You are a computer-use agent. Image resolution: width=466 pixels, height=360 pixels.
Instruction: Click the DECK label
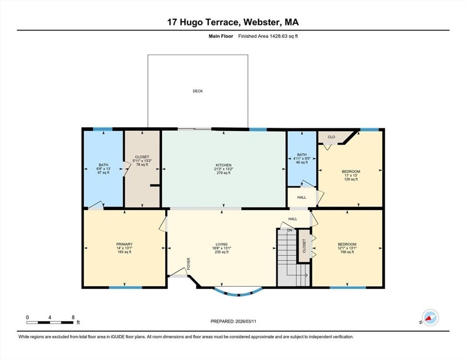(198, 91)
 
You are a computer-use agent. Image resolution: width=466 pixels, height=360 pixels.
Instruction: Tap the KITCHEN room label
(223, 165)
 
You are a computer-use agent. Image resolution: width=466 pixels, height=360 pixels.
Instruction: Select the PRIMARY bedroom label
(124, 244)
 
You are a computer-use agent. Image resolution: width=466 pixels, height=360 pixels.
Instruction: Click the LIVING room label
(222, 244)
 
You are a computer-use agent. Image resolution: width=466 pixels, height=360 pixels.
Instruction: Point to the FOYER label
(188, 264)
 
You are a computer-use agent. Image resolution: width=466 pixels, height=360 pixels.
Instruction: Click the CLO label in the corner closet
(331, 137)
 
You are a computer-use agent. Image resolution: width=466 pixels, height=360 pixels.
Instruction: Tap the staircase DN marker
(289, 230)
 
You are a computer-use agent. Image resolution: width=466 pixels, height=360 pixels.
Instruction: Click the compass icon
(431, 318)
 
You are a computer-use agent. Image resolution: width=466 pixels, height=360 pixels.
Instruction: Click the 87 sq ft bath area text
(103, 172)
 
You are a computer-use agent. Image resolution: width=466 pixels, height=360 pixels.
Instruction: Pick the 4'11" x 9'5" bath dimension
(302, 158)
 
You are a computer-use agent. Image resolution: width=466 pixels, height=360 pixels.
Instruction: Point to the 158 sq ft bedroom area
(347, 252)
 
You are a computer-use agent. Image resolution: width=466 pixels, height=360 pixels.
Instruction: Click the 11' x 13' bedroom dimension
(351, 175)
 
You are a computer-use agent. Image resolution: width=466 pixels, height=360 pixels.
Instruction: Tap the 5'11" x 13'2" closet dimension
(142, 161)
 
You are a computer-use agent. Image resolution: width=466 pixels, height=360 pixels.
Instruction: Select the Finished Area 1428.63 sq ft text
(268, 36)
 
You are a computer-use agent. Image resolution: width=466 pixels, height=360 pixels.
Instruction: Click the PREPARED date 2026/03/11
(246, 321)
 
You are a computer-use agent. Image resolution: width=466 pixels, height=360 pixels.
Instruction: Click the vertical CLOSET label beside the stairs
(304, 246)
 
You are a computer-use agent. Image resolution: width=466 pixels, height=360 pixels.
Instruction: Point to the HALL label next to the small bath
(302, 197)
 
